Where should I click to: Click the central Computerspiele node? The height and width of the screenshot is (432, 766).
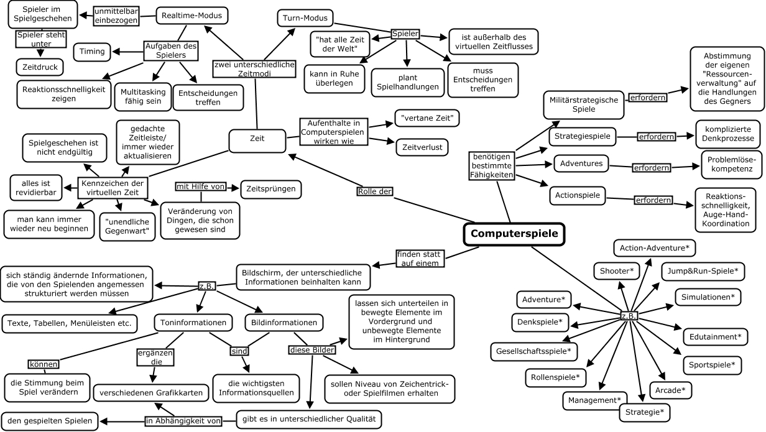click(x=515, y=234)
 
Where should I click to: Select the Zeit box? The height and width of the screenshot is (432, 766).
click(x=257, y=139)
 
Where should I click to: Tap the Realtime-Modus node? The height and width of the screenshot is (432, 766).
click(x=191, y=16)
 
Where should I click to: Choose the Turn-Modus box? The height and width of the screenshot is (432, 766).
click(x=305, y=18)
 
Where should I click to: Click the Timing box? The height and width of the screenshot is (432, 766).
click(x=92, y=51)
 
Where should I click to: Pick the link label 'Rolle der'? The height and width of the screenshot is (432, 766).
click(x=376, y=191)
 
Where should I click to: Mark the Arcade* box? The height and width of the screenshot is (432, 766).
click(x=670, y=390)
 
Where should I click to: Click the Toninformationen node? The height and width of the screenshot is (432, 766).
click(x=193, y=323)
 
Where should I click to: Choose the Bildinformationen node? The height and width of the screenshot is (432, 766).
click(x=284, y=323)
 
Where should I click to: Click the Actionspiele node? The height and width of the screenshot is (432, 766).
click(x=578, y=195)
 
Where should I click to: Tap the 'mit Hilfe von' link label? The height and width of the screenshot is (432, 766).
click(x=199, y=186)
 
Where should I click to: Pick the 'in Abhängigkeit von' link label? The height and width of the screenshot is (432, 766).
click(x=183, y=421)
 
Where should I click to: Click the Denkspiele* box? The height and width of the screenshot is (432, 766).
click(x=539, y=322)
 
